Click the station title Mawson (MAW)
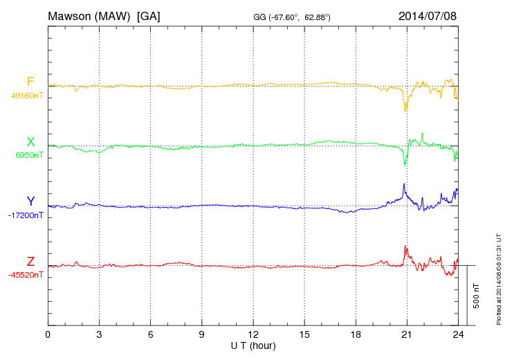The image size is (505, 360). (x=89, y=16)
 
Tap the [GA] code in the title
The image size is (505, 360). (x=149, y=16)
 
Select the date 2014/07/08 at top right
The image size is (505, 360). (x=428, y=16)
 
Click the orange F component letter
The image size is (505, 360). (x=30, y=82)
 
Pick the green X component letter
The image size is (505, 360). (x=30, y=142)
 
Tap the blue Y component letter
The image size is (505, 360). (x=30, y=201)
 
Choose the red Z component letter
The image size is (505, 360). (x=30, y=262)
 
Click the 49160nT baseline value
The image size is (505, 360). (x=26, y=96)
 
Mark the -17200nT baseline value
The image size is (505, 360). (x=26, y=215)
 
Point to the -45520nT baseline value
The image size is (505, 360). (x=26, y=275)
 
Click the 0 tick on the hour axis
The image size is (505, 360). (x=48, y=335)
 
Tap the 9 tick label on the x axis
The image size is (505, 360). (x=201, y=335)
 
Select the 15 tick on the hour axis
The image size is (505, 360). (x=304, y=335)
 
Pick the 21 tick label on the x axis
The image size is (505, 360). (x=406, y=335)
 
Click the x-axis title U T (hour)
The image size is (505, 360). (x=252, y=345)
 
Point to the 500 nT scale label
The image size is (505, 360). (x=477, y=295)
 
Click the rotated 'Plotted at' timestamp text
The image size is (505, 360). (x=498, y=277)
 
